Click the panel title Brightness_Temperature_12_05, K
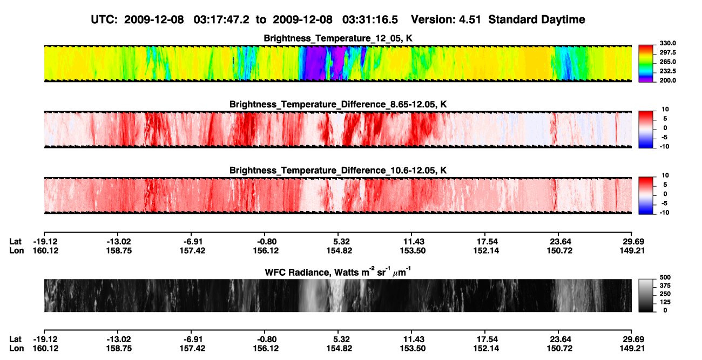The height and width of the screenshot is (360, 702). [x=338, y=38]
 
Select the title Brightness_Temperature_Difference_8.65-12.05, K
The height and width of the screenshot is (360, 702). [x=338, y=104]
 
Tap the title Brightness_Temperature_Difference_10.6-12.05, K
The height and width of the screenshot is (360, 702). [x=338, y=171]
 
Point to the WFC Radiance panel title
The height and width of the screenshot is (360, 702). [x=338, y=272]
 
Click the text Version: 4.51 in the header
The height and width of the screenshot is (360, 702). [x=446, y=19]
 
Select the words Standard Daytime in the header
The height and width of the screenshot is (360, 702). [x=537, y=19]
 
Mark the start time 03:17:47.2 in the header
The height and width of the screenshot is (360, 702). [x=221, y=19]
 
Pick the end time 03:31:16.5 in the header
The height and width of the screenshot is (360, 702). [x=370, y=19]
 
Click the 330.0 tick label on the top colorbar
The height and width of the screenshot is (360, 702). [x=668, y=43]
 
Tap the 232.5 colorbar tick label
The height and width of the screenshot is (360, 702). [x=668, y=71]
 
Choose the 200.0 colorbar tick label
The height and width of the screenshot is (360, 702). [x=668, y=80]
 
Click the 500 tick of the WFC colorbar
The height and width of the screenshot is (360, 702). [x=665, y=277]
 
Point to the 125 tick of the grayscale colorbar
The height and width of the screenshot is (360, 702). [x=665, y=302]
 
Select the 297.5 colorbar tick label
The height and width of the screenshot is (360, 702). [x=668, y=52]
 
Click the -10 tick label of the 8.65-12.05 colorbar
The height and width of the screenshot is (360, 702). [x=664, y=147]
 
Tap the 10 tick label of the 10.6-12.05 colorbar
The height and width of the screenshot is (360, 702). [x=665, y=175]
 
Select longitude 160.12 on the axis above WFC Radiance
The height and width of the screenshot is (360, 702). [x=45, y=250]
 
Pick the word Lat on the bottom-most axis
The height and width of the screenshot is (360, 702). [x=15, y=339]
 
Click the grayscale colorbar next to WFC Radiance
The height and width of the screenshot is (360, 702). [x=646, y=295]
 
